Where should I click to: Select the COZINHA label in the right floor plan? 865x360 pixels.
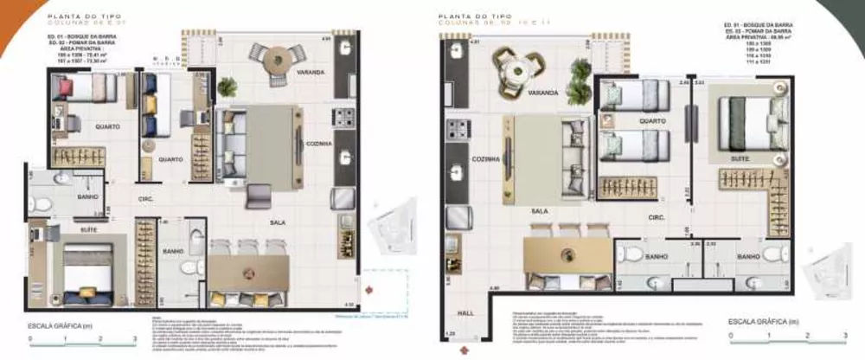458,159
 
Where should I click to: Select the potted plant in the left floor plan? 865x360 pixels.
228,86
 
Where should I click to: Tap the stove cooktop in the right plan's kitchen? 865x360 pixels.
458,131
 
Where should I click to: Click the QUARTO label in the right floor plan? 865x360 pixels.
651,121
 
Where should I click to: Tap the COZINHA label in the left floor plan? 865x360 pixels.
319,144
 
